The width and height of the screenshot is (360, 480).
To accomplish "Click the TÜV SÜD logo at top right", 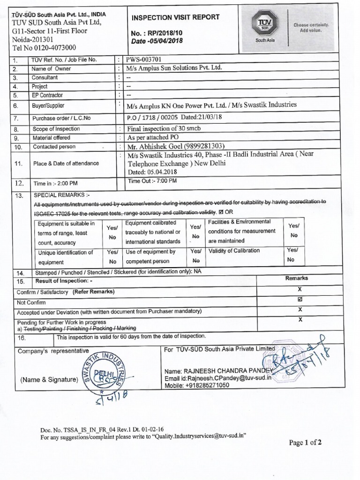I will [x=265, y=27].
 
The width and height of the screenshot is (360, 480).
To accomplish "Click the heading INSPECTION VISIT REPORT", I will [x=175, y=17].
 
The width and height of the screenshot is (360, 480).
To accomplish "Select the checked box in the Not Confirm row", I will [x=300, y=300].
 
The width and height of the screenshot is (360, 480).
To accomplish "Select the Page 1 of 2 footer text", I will [x=305, y=442].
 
